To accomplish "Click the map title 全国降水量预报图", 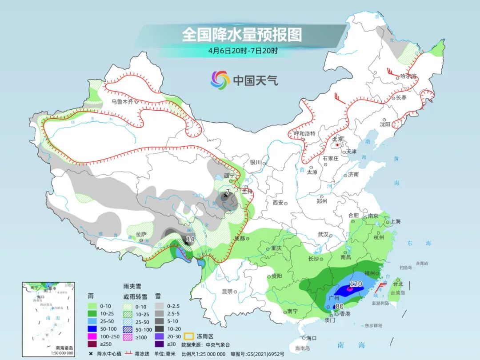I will [241, 35].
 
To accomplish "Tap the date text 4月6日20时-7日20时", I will [243, 51].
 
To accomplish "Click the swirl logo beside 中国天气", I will [220, 80].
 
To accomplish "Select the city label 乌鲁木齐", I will [122, 102].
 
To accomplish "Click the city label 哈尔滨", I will [408, 76].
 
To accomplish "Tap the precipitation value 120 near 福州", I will [356, 284].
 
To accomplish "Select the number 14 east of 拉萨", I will [190, 239].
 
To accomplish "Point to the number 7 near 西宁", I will [228, 192].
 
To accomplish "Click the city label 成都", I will [239, 239].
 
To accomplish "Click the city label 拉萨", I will [141, 234].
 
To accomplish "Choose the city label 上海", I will [395, 221].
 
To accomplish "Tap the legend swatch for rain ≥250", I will [93, 344].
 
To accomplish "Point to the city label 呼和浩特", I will [304, 133].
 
